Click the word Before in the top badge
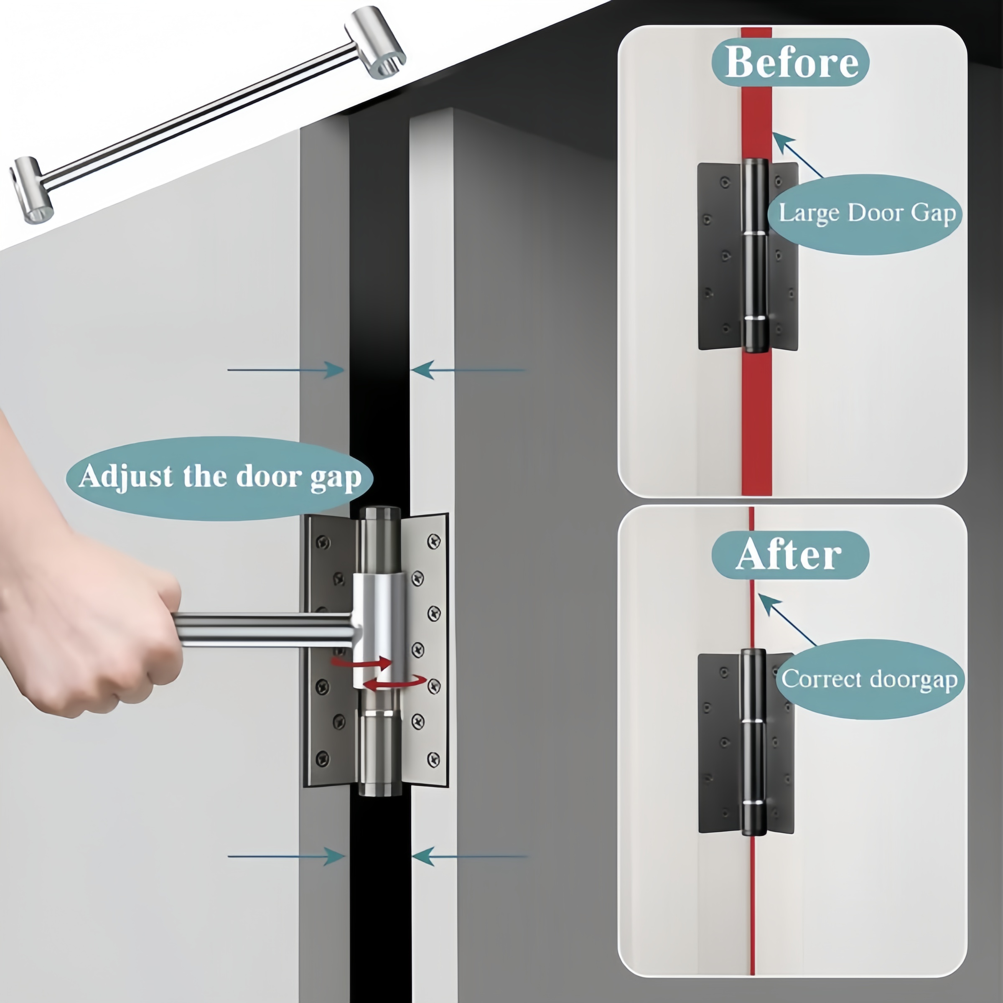point(790,62)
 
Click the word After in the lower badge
point(789,555)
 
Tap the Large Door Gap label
point(866,214)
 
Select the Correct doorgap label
point(870,679)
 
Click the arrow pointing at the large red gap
point(797,155)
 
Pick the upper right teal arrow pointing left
point(467,370)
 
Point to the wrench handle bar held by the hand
point(265,629)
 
